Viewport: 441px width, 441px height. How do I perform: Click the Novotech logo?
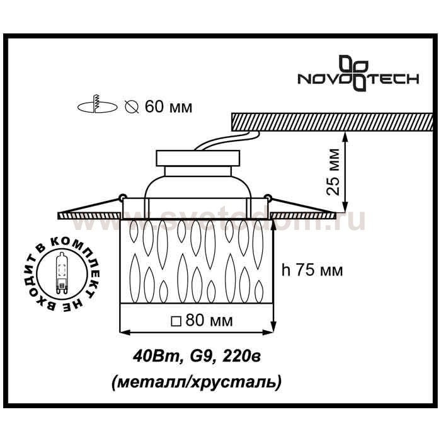click(358, 74)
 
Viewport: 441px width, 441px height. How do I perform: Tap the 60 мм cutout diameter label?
click(168, 107)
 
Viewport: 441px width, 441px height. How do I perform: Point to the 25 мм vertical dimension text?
click(333, 171)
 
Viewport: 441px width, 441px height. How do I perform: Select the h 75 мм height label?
click(312, 270)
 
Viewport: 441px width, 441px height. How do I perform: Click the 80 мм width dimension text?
click(209, 320)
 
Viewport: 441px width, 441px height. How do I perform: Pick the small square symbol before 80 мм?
click(176, 321)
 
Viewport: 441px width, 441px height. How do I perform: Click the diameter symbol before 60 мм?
click(132, 107)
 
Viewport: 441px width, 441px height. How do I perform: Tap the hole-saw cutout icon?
click(97, 104)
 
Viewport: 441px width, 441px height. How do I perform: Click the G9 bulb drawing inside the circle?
click(61, 273)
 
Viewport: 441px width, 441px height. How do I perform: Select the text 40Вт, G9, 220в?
click(197, 357)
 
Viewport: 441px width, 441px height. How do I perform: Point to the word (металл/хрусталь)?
click(197, 382)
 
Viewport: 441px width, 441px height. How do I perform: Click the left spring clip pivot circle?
click(123, 197)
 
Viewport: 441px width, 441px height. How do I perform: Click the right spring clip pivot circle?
click(268, 197)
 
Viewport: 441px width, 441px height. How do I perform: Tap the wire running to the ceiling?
click(228, 140)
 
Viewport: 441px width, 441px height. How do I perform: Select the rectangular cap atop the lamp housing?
click(198, 158)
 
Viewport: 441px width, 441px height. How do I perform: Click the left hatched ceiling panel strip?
click(89, 215)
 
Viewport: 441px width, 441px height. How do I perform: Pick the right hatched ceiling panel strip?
click(303, 215)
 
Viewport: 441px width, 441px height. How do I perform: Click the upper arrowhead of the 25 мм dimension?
click(345, 137)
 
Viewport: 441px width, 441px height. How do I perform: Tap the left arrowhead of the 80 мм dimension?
click(125, 333)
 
